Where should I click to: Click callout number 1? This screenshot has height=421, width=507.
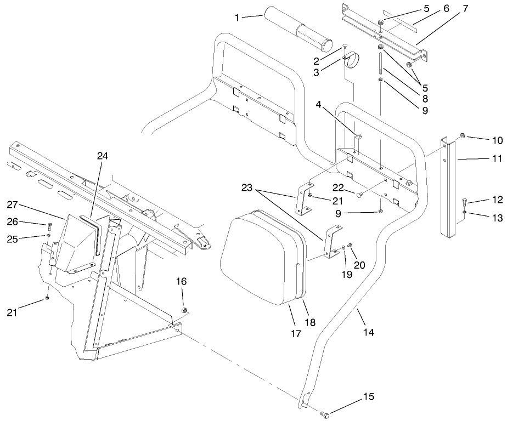click(237, 18)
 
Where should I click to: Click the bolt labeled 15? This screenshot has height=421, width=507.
click(325, 414)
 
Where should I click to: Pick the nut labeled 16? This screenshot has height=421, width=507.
click(184, 311)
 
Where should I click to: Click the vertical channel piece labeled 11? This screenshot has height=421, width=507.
click(449, 189)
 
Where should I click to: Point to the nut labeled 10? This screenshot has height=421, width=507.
click(463, 135)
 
